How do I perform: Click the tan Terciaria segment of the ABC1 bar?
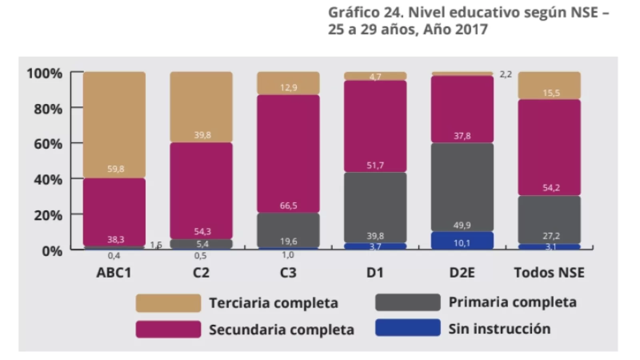point(114,124)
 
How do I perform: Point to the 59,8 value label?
point(116,169)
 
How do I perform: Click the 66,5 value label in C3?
point(288,206)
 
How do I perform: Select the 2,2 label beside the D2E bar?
point(506,74)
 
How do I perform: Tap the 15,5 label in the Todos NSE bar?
point(551,93)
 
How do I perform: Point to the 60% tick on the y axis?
point(48,144)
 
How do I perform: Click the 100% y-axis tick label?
point(44,74)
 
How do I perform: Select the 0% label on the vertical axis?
point(52,251)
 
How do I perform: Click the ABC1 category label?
point(114,273)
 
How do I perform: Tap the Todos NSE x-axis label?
point(549,273)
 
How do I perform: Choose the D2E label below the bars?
point(462,273)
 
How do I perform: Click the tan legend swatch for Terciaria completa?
point(168,303)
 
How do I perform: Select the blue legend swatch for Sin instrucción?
point(408,328)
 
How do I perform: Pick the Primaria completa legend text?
point(512,302)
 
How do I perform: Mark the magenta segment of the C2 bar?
point(201,190)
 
